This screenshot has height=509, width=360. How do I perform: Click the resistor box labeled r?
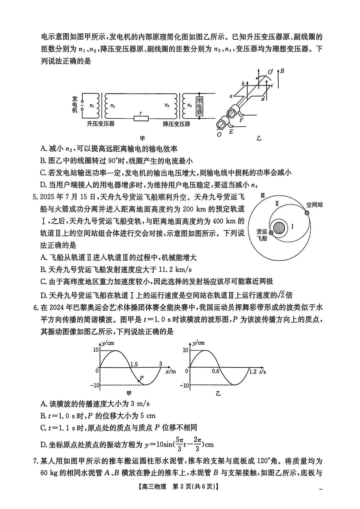click(141, 118)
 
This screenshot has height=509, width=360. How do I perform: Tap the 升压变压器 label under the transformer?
click(101, 124)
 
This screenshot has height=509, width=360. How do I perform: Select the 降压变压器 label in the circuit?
click(176, 124)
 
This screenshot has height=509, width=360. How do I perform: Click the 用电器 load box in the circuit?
click(199, 106)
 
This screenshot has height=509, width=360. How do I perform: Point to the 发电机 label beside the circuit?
click(75, 104)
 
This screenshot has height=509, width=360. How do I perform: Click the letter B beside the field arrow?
click(282, 71)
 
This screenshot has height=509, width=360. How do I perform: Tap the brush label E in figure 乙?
click(231, 132)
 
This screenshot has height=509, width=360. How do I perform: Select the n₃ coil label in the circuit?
click(167, 105)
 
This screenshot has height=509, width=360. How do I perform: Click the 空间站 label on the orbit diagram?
click(314, 205)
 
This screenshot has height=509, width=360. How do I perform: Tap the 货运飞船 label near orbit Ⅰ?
click(262, 235)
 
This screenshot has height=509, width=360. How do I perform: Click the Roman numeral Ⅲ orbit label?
click(263, 196)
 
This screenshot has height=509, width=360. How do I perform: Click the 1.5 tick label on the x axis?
click(134, 364)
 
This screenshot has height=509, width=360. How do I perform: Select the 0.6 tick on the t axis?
click(216, 371)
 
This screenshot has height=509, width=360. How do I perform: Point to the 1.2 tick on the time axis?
click(253, 371)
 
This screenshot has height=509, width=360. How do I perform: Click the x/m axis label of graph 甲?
click(170, 371)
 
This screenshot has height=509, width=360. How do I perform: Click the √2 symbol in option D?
click(281, 295)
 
